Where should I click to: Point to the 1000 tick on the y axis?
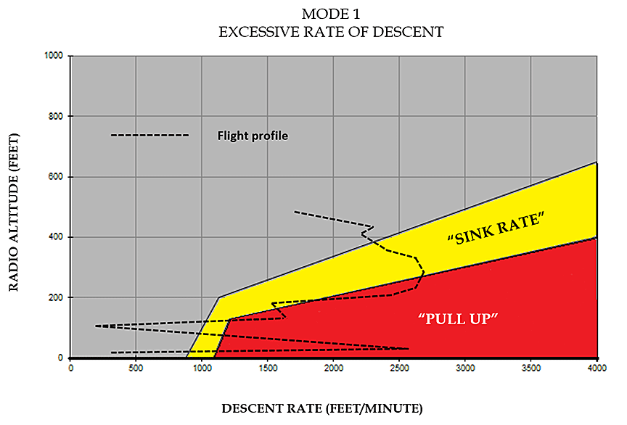[x=54, y=56]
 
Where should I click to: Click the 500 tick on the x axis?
[x=136, y=368]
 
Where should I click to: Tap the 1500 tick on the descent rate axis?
[x=268, y=368]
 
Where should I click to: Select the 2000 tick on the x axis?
[x=333, y=368]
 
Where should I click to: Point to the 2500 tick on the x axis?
[x=399, y=368]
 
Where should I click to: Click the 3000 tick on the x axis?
[x=465, y=368]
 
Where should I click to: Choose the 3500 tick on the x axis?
[x=530, y=368]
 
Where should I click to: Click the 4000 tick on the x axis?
[x=597, y=368]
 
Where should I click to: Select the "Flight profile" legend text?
[x=253, y=136]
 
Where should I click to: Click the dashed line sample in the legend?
[x=149, y=136]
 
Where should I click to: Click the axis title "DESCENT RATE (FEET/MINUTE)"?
[x=321, y=407]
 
